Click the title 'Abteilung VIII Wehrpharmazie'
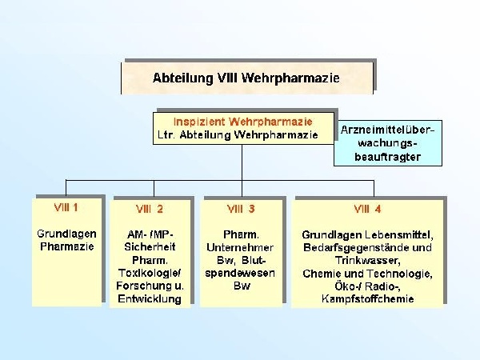(x=246, y=78)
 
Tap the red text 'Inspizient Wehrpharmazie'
(x=242, y=121)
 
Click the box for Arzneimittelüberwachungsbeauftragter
(x=387, y=142)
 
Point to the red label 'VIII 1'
(x=66, y=207)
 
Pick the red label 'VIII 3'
(x=241, y=209)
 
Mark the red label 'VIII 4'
(x=368, y=209)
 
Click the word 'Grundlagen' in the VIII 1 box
(x=67, y=234)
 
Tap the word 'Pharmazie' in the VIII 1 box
(x=67, y=246)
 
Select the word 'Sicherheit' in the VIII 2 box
(x=150, y=246)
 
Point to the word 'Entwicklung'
(x=150, y=298)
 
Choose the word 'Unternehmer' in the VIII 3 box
(x=242, y=247)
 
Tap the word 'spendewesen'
(x=242, y=273)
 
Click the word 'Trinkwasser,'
(x=367, y=260)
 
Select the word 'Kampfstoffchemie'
(x=368, y=298)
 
